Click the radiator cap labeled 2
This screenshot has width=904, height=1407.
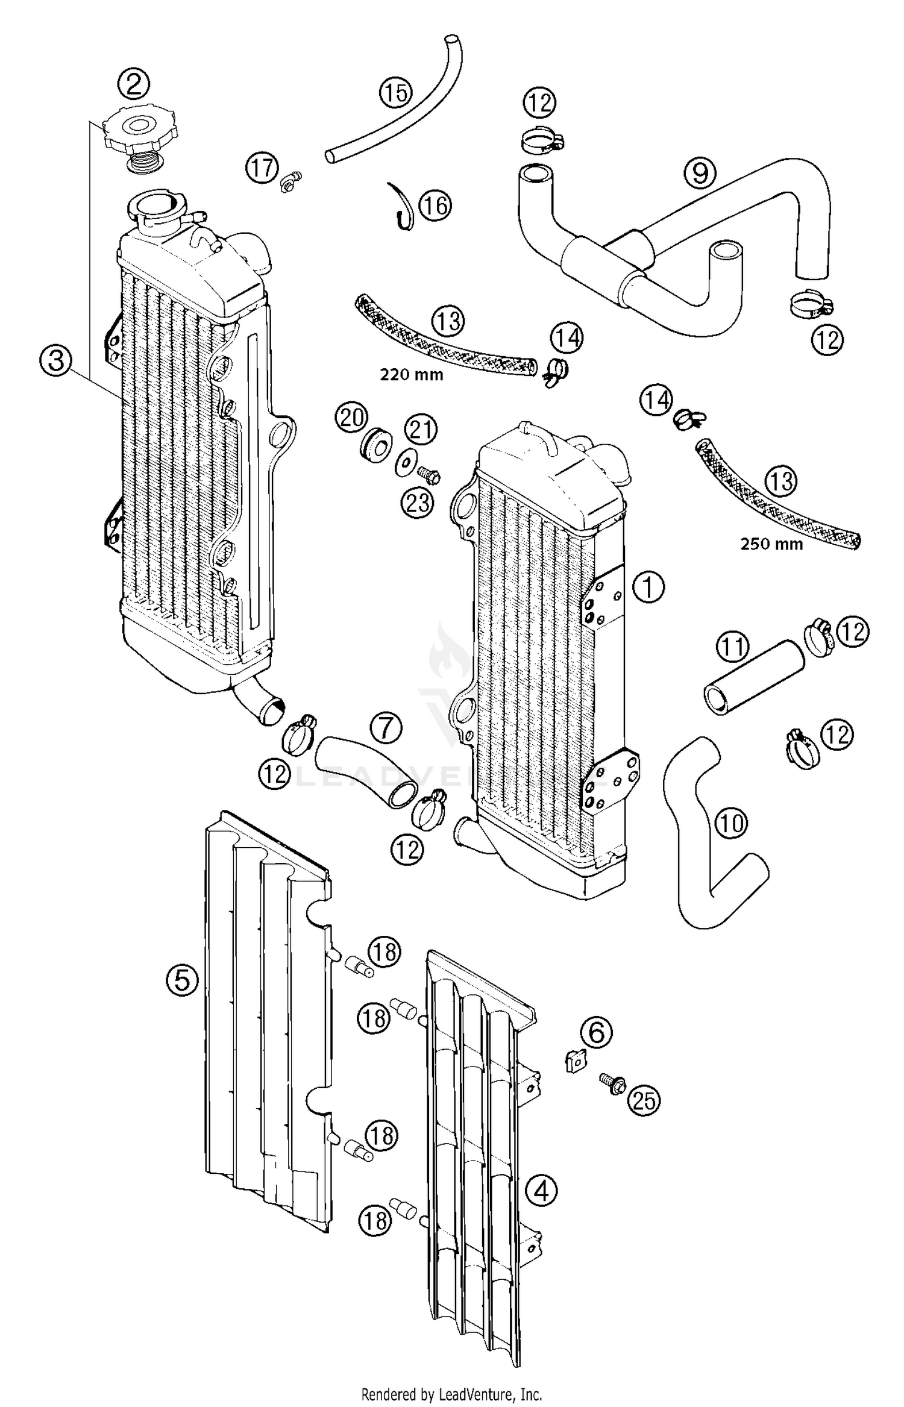point(140,133)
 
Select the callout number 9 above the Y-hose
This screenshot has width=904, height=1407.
point(700,174)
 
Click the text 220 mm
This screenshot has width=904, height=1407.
point(411,375)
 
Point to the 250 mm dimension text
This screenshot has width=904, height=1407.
point(771,544)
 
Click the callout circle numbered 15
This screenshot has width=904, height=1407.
point(395,93)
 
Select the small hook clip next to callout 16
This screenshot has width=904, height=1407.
point(402,207)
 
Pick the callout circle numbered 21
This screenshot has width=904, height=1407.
point(420,430)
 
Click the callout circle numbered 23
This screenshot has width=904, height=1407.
point(418,502)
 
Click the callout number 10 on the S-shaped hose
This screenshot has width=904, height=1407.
point(732,823)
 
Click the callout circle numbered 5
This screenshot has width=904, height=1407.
point(182,980)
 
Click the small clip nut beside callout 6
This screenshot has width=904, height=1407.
point(574,1060)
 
